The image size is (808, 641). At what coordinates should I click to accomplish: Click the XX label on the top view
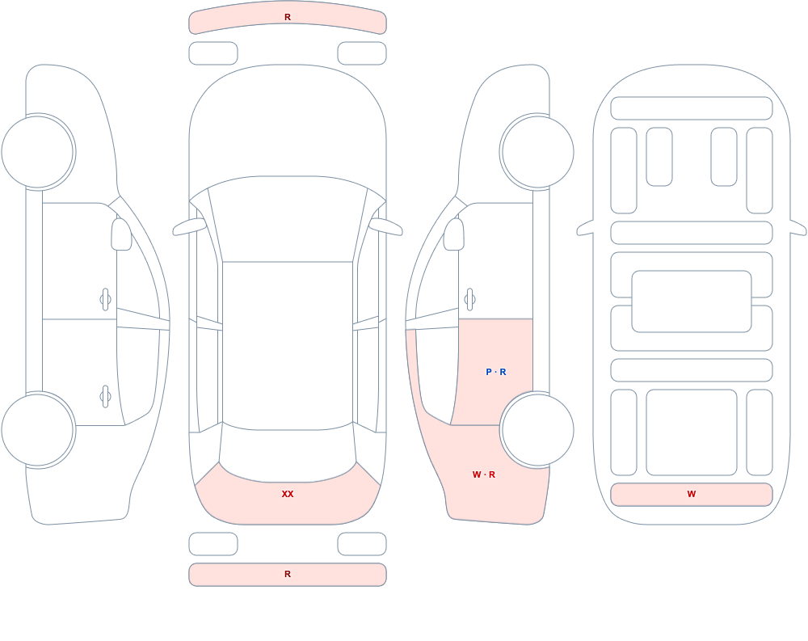click(x=288, y=494)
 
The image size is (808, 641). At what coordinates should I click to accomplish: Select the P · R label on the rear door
click(x=496, y=372)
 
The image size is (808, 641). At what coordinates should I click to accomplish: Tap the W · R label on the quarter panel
click(x=483, y=474)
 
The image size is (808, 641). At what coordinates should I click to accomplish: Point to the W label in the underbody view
click(x=692, y=494)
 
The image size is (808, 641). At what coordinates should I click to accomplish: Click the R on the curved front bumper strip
click(x=288, y=17)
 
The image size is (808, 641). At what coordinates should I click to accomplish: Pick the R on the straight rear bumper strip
click(x=288, y=574)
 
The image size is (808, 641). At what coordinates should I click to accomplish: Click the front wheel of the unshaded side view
click(x=38, y=152)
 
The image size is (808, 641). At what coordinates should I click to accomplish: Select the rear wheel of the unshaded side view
click(x=38, y=430)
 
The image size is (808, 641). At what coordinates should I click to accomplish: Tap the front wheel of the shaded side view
click(x=537, y=152)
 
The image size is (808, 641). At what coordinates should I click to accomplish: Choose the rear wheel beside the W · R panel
click(x=537, y=430)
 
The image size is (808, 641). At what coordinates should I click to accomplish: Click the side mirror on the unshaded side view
click(x=121, y=234)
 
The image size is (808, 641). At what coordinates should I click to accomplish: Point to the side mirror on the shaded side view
click(x=454, y=234)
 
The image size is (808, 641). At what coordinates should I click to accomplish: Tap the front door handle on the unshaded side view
click(x=106, y=299)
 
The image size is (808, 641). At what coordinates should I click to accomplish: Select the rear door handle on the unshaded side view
click(x=106, y=397)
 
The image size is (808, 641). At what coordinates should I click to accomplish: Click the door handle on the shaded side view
click(x=469, y=299)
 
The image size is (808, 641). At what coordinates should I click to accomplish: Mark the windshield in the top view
click(x=288, y=219)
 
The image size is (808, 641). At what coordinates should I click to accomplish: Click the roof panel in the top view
click(x=288, y=345)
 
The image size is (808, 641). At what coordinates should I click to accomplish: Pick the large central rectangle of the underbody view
click(x=692, y=302)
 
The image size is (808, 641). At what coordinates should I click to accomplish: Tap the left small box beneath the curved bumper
click(x=213, y=53)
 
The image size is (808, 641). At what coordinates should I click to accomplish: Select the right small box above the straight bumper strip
click(x=362, y=543)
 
